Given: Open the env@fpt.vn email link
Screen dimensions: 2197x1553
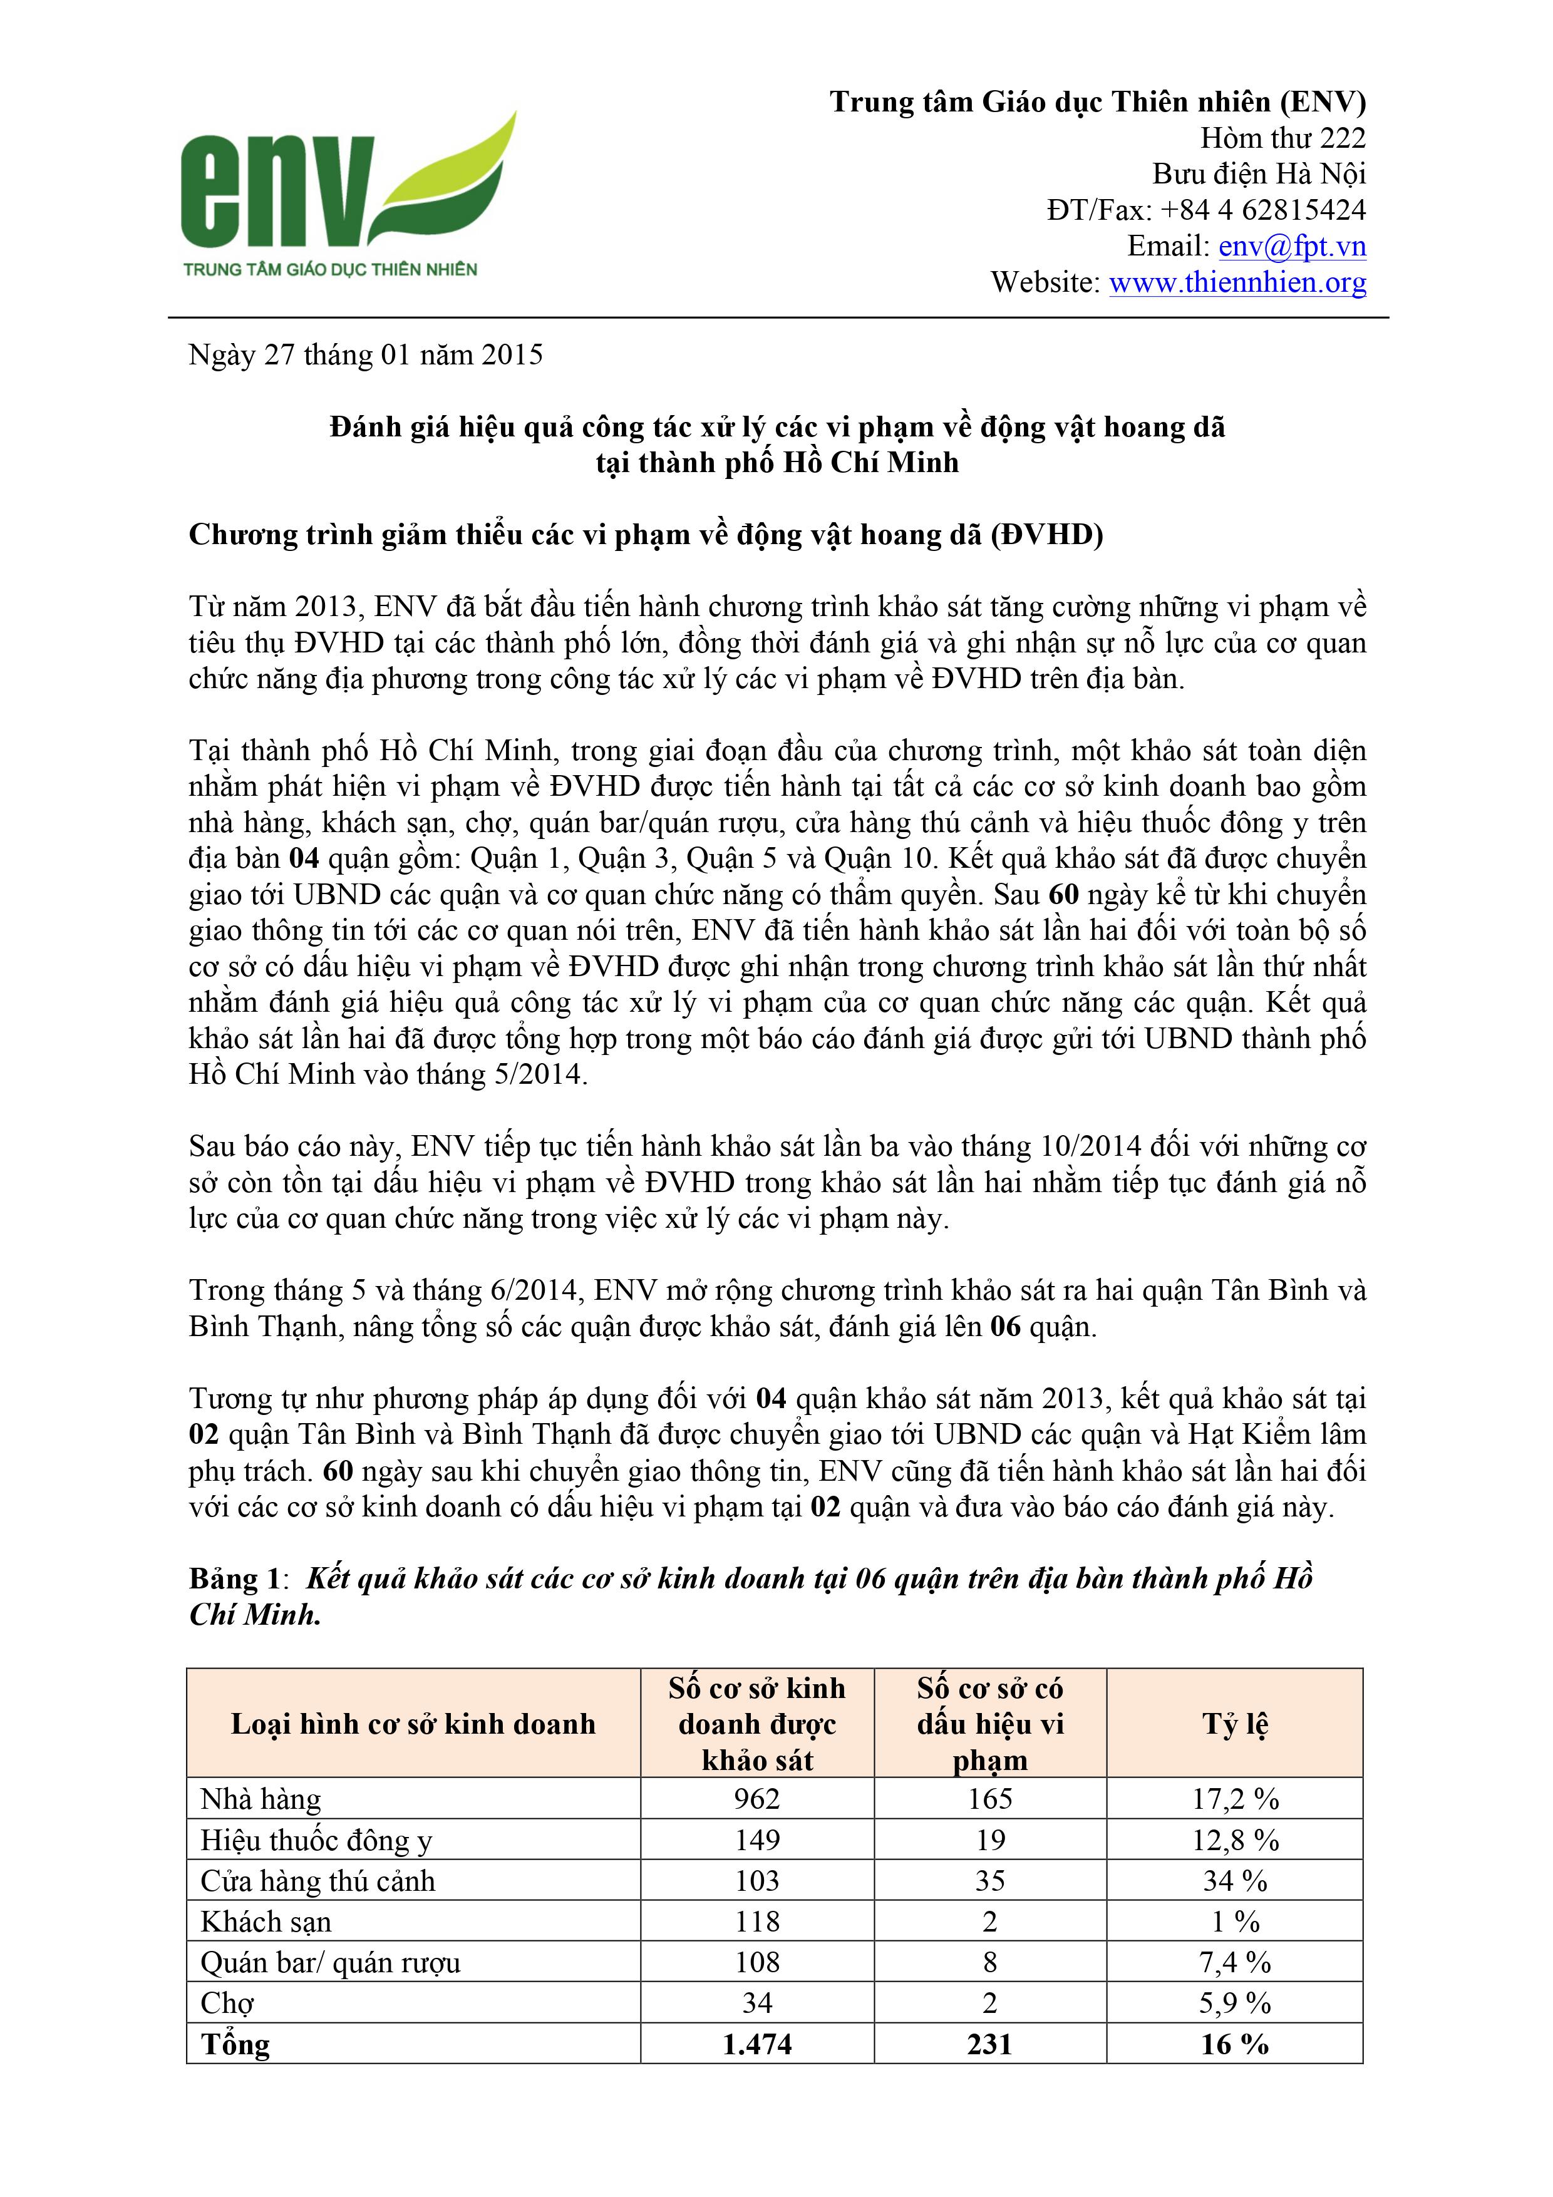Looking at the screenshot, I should click(x=1292, y=246).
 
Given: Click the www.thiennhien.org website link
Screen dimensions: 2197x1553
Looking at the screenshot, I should click(x=1237, y=282).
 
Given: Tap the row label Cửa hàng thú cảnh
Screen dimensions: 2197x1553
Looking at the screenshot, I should click(x=317, y=1881).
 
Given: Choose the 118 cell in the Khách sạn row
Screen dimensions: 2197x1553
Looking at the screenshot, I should click(x=757, y=1922).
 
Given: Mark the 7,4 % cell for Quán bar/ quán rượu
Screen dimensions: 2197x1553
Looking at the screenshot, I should click(x=1234, y=1963).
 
